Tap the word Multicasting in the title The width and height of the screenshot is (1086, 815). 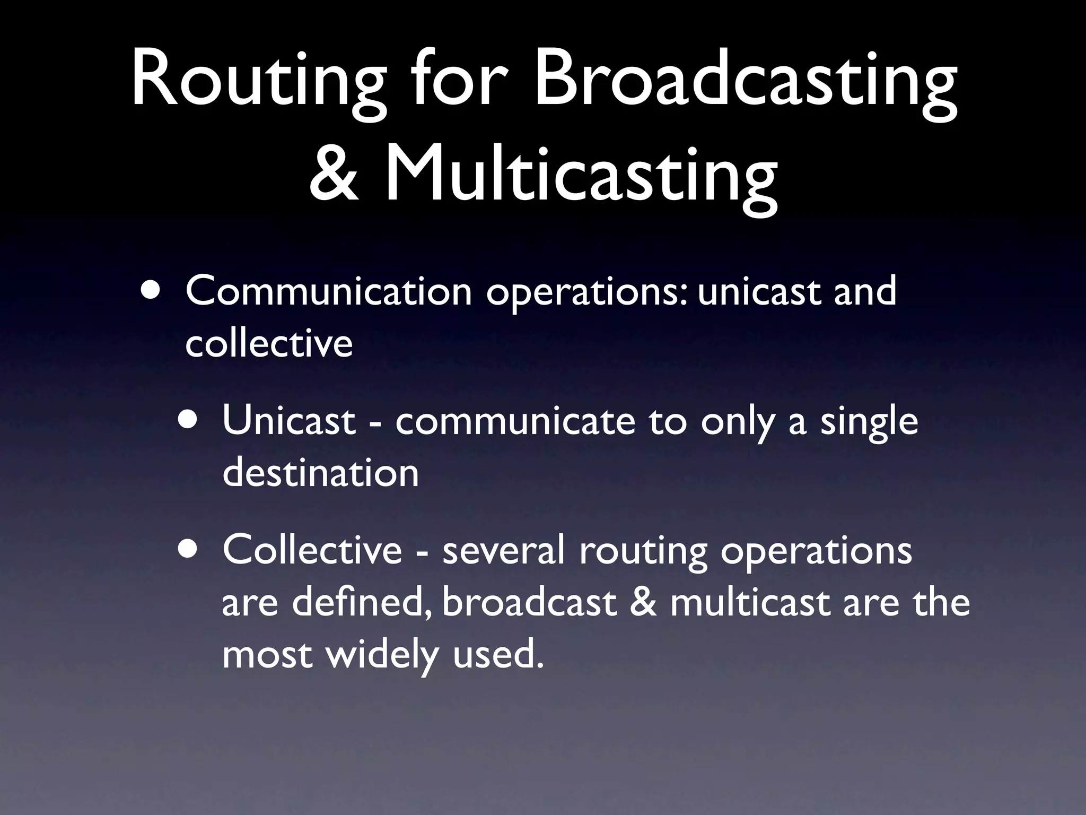[x=581, y=175]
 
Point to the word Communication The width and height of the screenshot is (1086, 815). [x=329, y=291]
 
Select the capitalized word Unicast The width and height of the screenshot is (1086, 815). [x=288, y=420]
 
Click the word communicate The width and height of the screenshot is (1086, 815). [x=515, y=420]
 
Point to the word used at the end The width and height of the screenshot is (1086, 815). [x=498, y=654]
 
